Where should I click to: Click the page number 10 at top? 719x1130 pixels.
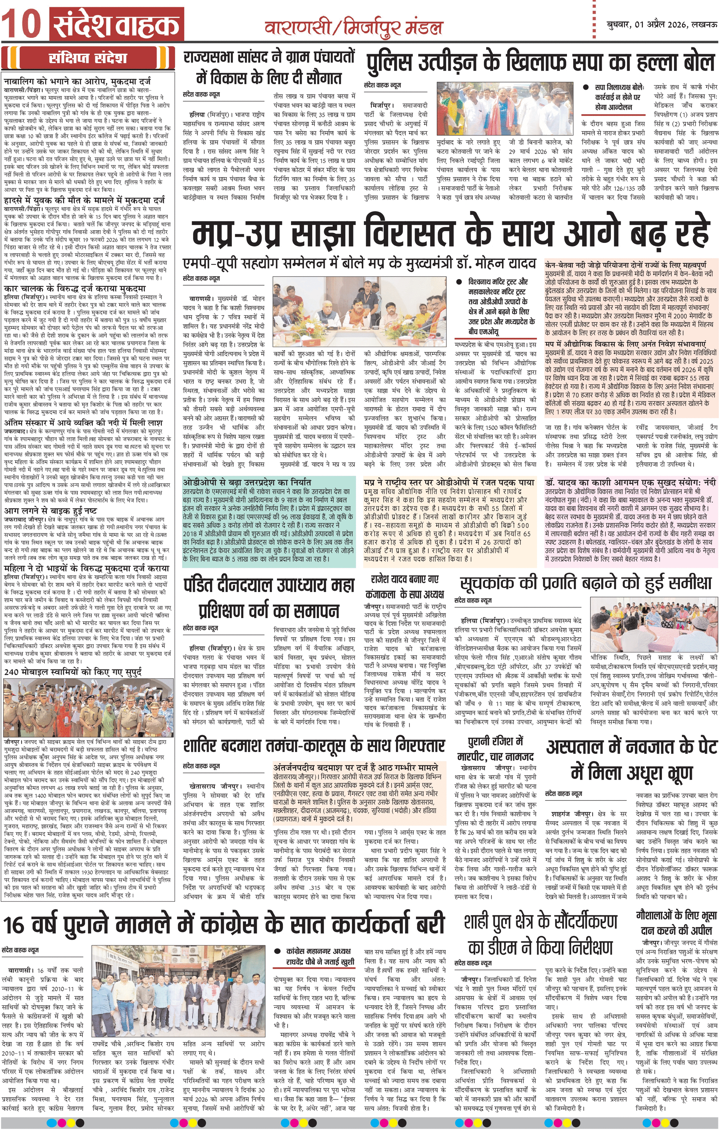click(x=23, y=24)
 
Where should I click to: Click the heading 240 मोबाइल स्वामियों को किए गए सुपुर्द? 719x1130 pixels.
click(x=73, y=671)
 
